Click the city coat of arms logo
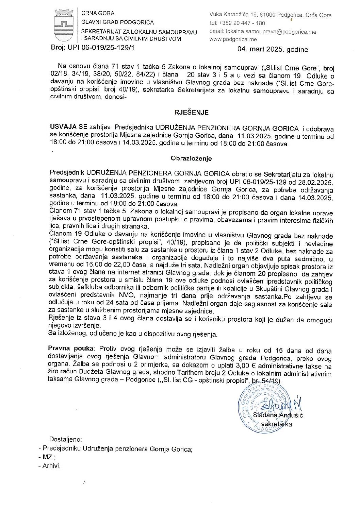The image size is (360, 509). point(64,25)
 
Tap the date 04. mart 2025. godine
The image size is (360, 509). point(273,50)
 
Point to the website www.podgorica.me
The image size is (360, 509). point(233,39)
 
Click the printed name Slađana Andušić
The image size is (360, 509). point(278,415)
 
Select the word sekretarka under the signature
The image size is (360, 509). point(276,424)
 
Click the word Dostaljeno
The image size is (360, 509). point(65,439)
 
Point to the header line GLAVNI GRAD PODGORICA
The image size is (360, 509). point(117,22)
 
